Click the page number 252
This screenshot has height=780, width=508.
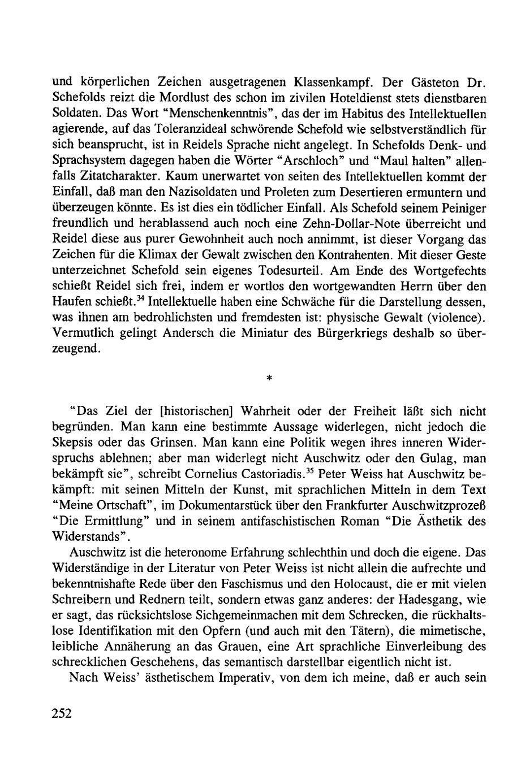click(59, 714)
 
